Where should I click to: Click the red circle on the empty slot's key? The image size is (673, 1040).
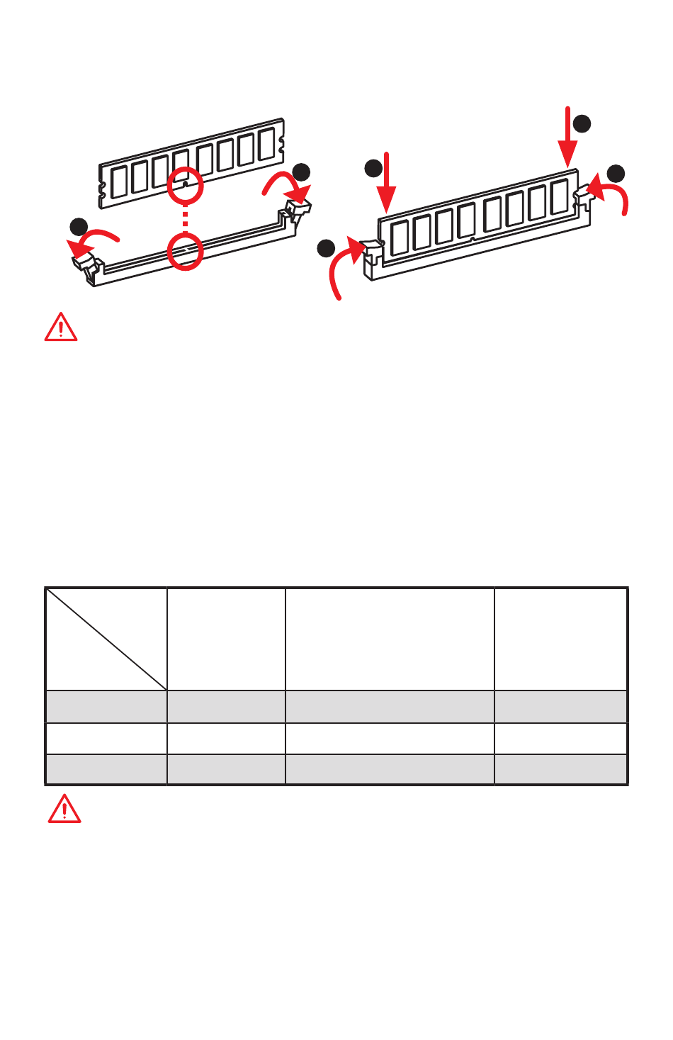point(185,251)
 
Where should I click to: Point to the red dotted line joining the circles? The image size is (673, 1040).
point(185,218)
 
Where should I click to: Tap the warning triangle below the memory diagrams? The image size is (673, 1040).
point(61,328)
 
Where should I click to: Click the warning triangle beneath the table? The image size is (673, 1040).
point(64,809)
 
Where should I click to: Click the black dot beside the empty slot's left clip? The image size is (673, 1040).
point(79,227)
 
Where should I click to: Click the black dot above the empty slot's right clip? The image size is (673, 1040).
point(301,172)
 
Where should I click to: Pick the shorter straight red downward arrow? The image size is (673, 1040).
point(386,182)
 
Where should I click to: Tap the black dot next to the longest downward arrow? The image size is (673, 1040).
point(582,123)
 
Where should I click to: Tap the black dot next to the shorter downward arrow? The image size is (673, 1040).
point(373,168)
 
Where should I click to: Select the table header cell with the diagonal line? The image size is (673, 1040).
point(106,639)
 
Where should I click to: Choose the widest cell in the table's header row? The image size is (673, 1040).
point(390,639)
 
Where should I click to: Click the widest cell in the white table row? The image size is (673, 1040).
point(390,738)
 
